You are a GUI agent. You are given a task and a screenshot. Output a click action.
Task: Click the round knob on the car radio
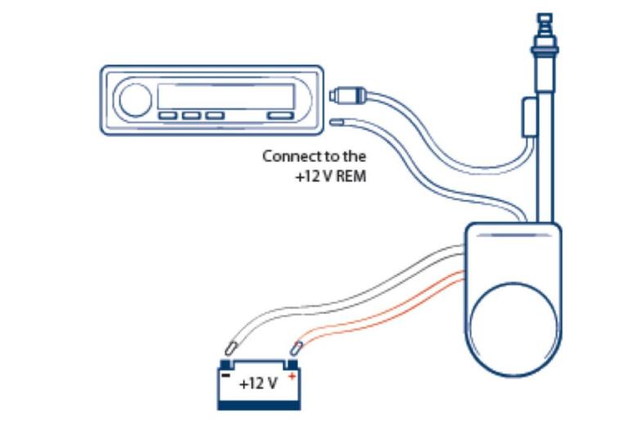(x=135, y=100)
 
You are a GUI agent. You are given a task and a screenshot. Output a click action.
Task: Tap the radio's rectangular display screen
(x=226, y=97)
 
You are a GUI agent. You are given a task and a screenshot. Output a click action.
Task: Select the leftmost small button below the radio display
(x=168, y=115)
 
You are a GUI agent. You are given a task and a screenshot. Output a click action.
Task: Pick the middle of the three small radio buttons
(x=191, y=115)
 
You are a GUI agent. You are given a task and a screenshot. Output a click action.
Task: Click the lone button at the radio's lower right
(x=281, y=115)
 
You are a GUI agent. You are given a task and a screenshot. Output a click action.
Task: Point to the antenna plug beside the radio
(x=348, y=95)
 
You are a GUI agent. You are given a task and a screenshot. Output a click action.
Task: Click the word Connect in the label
(x=289, y=156)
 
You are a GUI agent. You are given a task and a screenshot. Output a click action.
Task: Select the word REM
(x=350, y=177)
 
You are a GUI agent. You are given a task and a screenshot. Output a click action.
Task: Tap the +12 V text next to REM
(x=314, y=177)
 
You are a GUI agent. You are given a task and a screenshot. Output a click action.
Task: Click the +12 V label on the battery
(x=259, y=383)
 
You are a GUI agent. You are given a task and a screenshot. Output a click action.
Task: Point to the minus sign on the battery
(x=226, y=376)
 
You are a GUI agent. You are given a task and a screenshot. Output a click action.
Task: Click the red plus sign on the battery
(x=292, y=377)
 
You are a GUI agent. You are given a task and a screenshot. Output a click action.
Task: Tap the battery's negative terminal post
(x=226, y=364)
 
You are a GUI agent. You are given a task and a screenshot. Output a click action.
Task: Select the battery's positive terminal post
(x=292, y=364)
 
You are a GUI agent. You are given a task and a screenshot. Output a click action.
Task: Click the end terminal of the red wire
(x=296, y=348)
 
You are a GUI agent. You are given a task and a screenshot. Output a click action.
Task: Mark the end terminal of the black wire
(x=231, y=348)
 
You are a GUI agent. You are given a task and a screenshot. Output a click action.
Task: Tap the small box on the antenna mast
(x=529, y=117)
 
